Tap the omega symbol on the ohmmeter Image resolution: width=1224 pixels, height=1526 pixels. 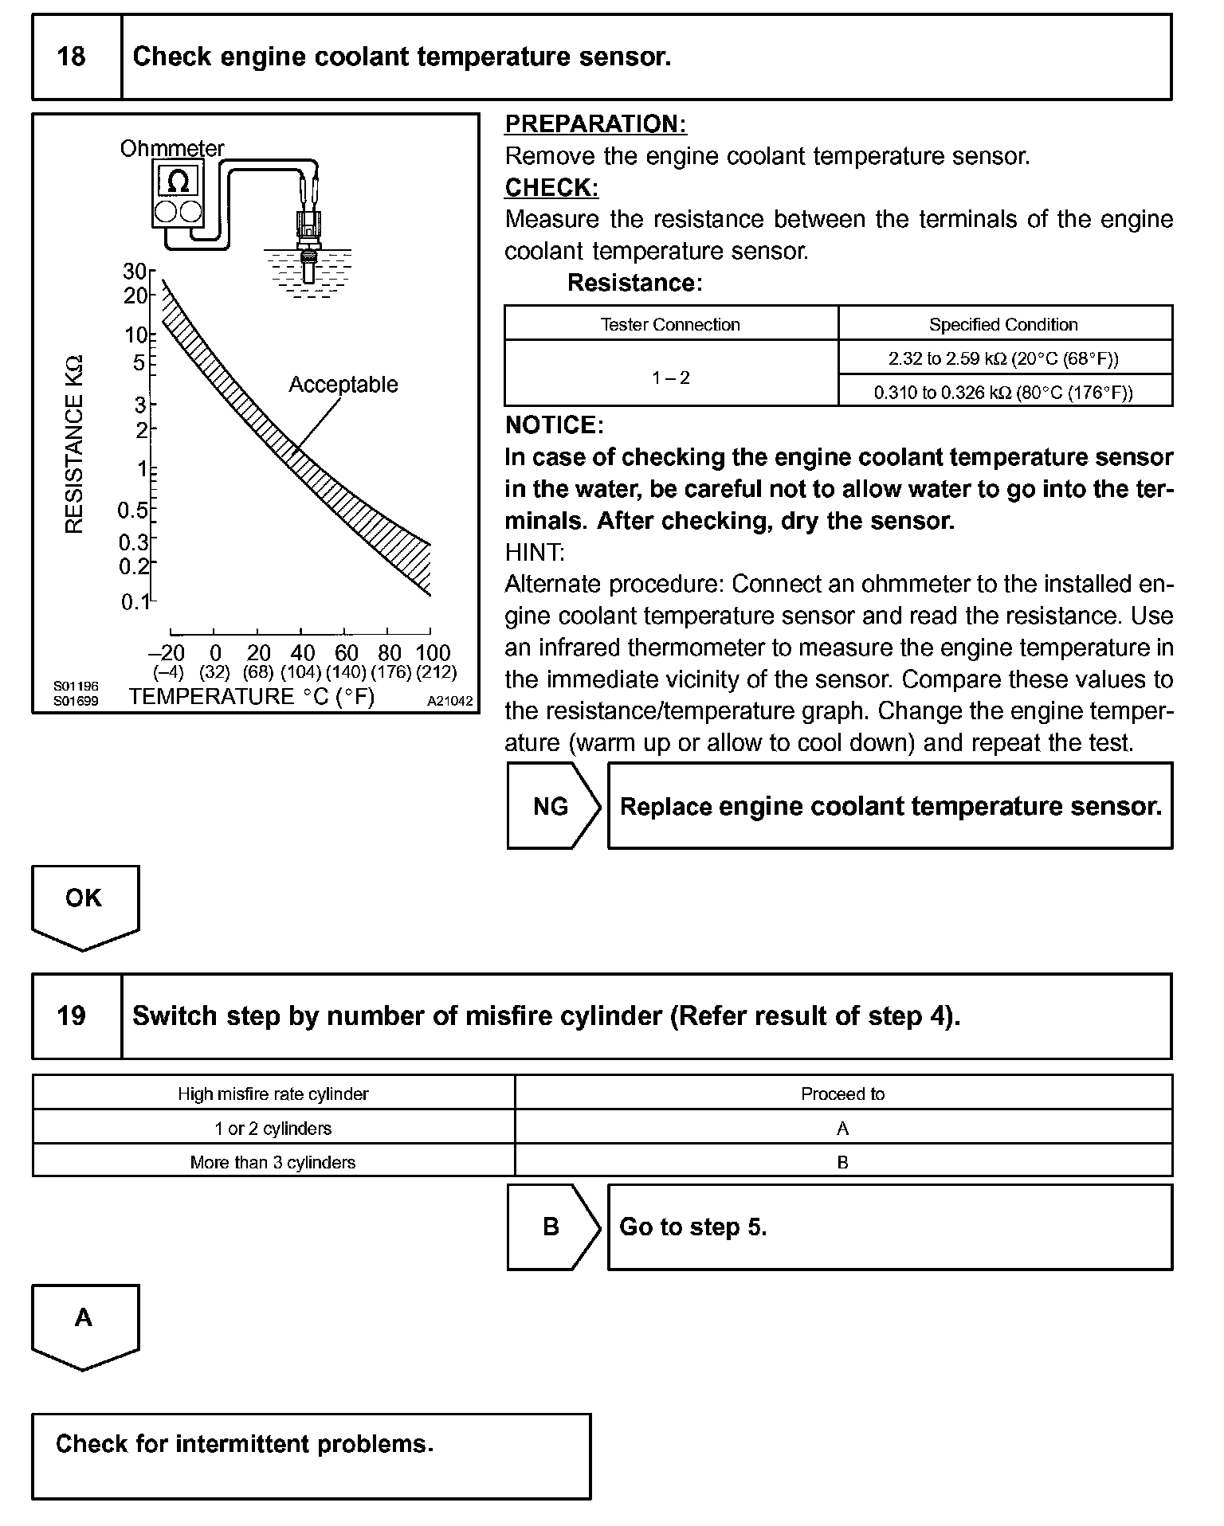178,182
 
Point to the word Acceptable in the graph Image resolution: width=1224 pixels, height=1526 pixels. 343,385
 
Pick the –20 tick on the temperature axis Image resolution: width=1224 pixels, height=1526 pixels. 168,653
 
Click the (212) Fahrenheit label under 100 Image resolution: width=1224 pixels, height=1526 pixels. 436,673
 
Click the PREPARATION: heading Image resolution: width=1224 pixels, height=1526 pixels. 596,124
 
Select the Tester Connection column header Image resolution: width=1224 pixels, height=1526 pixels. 670,324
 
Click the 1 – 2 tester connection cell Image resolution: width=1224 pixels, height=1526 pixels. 670,378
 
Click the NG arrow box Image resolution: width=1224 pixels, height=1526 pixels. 551,806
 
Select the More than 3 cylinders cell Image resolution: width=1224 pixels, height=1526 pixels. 273,1162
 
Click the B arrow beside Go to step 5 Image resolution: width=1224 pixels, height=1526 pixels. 551,1227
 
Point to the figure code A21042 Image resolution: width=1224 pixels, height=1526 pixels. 449,702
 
